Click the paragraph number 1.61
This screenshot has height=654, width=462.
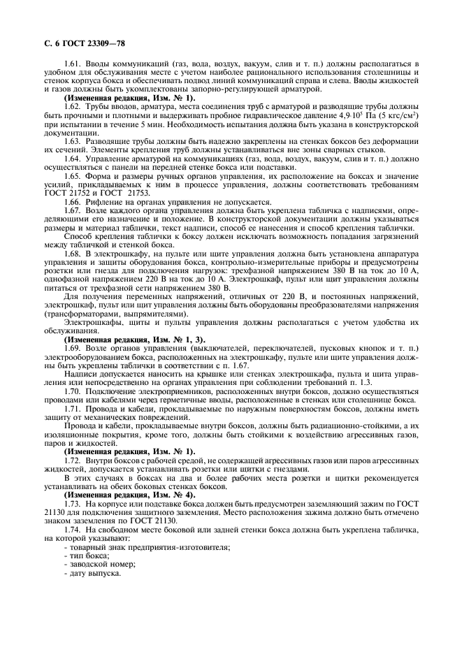click(x=72, y=64)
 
